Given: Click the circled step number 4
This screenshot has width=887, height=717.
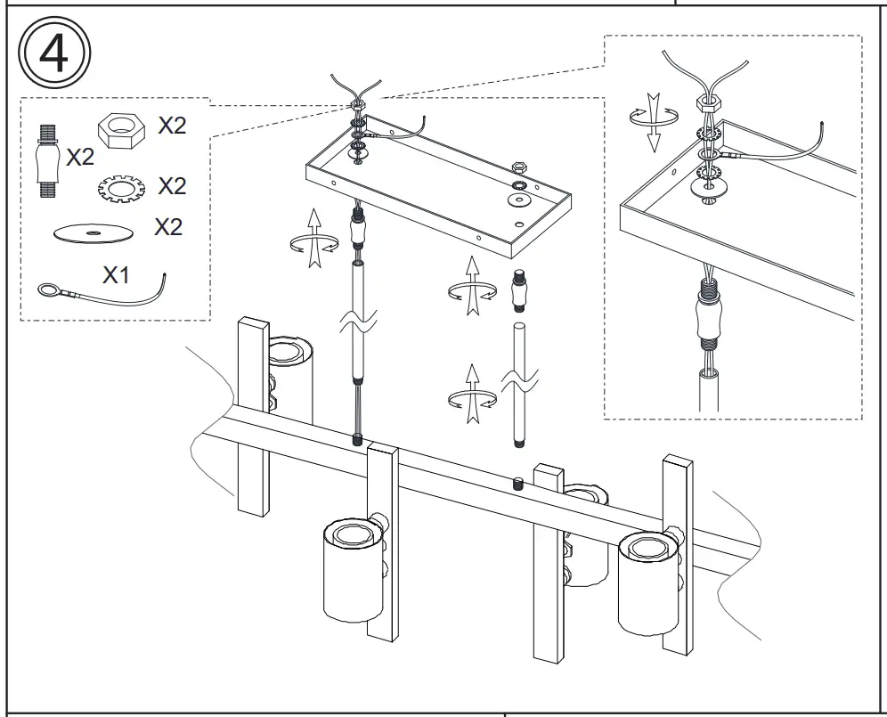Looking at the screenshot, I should coord(54,53).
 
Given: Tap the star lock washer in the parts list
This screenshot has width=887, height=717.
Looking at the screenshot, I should coord(119,189).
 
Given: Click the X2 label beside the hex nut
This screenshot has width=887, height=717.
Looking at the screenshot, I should coord(172,126).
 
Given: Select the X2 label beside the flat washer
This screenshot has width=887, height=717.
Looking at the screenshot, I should coord(167,226).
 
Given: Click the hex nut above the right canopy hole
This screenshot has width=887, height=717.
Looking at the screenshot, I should coord(519,166).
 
